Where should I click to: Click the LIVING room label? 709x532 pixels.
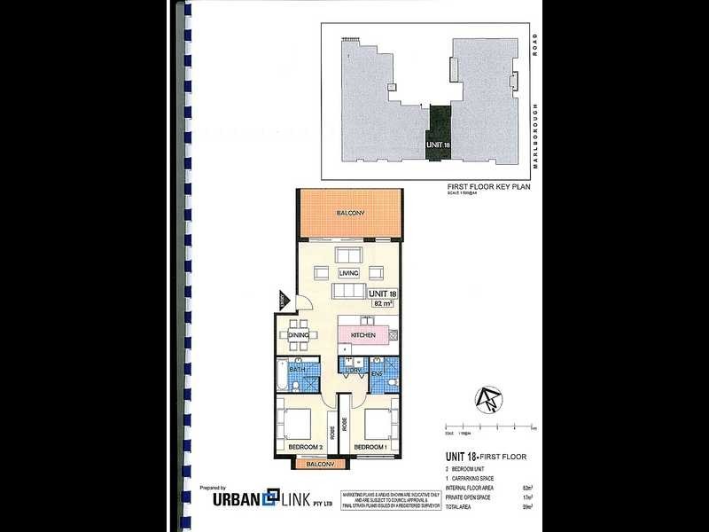pyautogui.click(x=348, y=273)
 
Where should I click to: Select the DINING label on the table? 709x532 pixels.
pyautogui.click(x=297, y=335)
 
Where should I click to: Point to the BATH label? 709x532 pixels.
pyautogui.click(x=284, y=369)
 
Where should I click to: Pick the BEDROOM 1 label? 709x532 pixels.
pyautogui.click(x=369, y=448)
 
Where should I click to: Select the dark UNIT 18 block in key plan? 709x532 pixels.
pyautogui.click(x=436, y=134)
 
